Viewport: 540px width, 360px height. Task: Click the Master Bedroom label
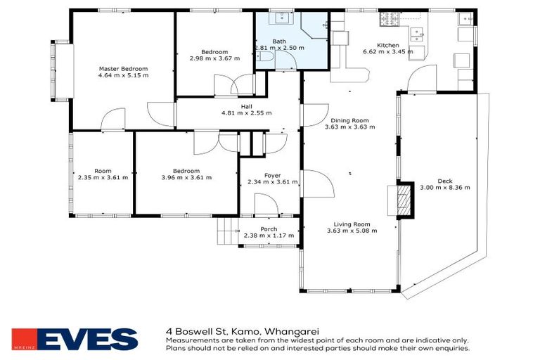click(x=124, y=68)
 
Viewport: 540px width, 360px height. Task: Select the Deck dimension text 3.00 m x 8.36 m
click(x=444, y=188)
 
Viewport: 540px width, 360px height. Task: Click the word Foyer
click(x=272, y=175)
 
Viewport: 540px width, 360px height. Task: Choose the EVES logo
click(x=75, y=340)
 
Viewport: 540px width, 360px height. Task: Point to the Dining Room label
click(x=349, y=120)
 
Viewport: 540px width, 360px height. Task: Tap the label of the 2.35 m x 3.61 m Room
click(x=103, y=171)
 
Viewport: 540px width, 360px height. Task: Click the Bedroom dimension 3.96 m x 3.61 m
click(x=186, y=177)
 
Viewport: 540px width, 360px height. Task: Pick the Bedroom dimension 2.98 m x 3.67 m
click(x=214, y=58)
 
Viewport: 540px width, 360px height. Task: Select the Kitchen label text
click(x=387, y=45)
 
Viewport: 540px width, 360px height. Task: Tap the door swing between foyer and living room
click(x=315, y=184)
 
